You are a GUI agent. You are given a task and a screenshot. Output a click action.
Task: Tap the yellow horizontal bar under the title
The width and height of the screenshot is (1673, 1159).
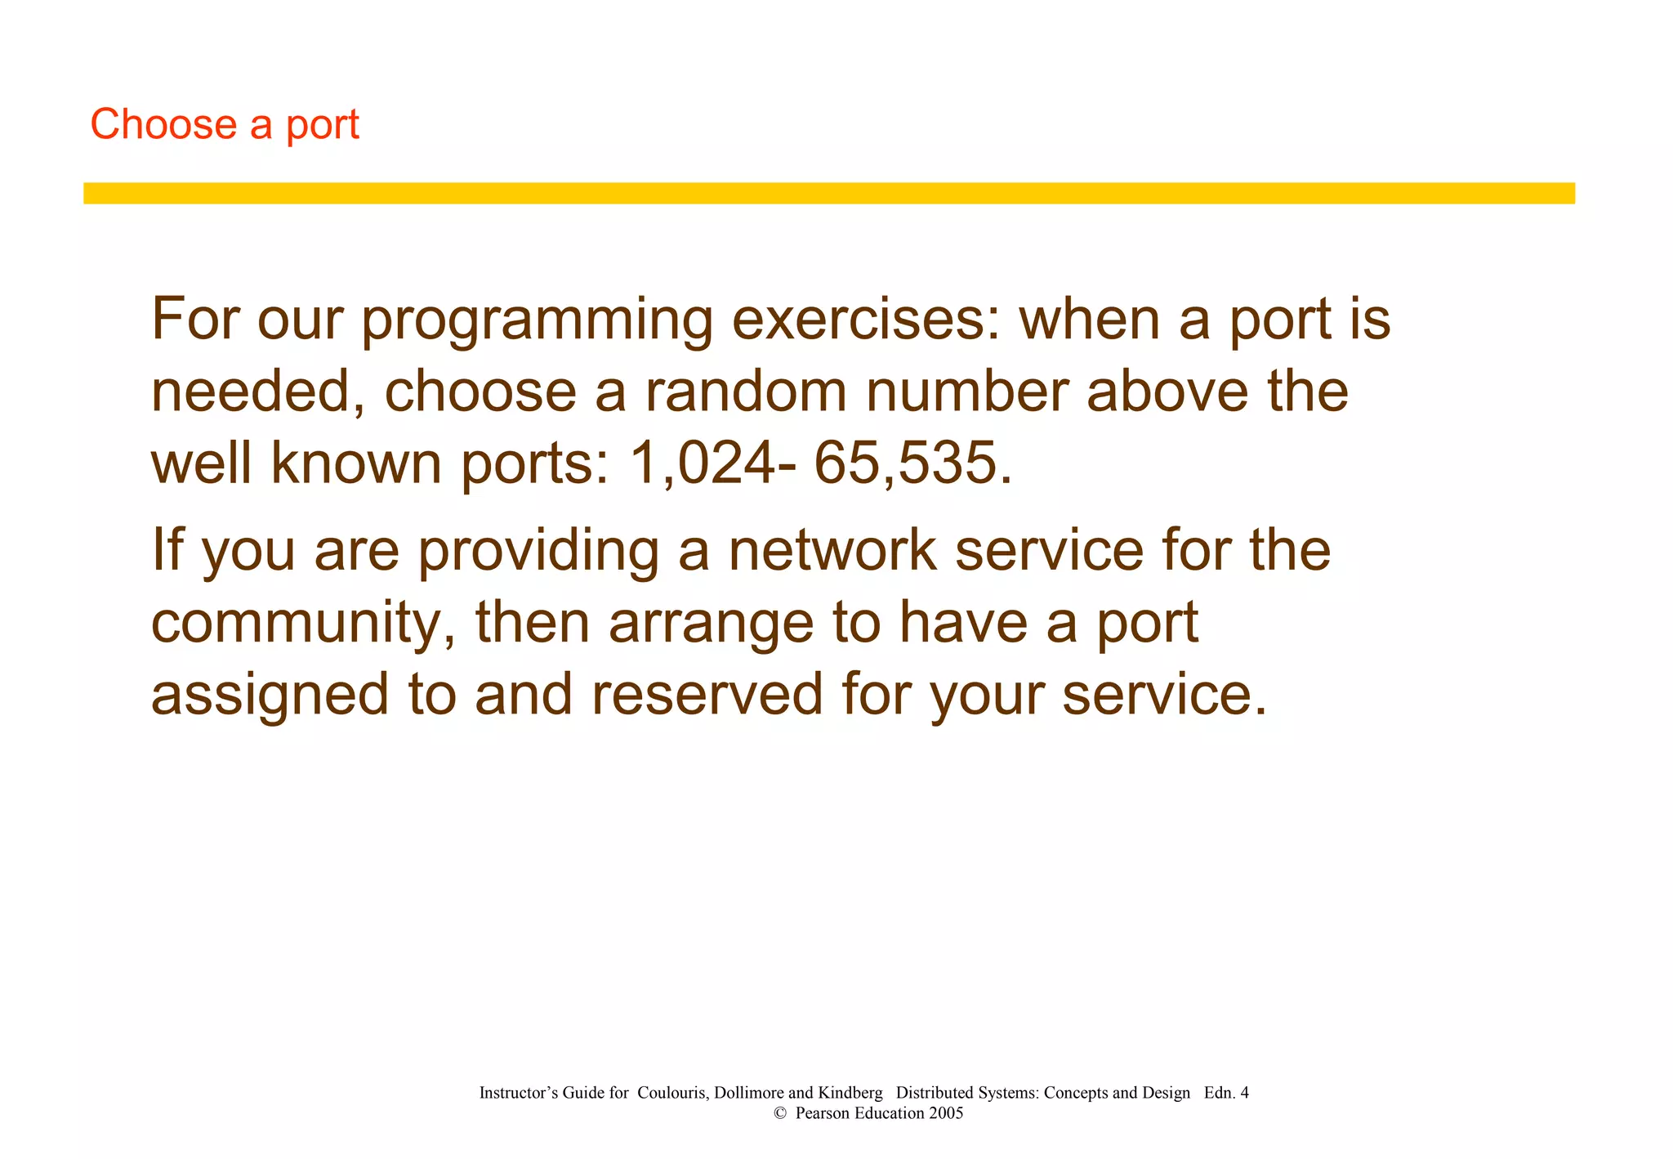pos(828,193)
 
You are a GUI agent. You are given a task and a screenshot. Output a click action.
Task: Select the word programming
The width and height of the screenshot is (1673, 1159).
pos(538,320)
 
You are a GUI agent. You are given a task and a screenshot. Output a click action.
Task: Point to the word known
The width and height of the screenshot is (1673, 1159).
pos(357,463)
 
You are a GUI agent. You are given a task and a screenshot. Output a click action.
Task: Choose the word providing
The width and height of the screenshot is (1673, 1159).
pos(538,551)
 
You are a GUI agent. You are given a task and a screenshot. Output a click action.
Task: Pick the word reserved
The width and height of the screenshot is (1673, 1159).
pos(707,695)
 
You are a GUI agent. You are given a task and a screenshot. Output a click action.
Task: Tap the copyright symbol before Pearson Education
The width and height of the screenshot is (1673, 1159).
pos(779,1113)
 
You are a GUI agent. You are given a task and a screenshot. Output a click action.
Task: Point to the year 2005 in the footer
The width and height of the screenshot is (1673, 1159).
pos(946,1113)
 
